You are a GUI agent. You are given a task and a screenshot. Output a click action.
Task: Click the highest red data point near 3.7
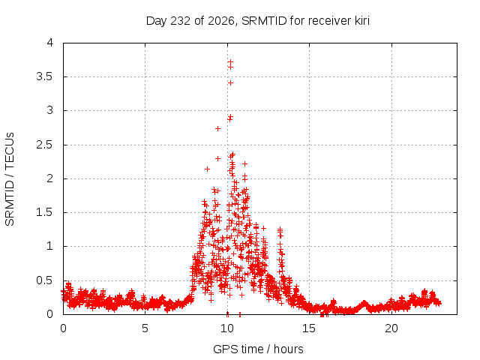(x=230, y=61)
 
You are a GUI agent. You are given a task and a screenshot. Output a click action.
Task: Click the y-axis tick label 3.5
(x=45, y=76)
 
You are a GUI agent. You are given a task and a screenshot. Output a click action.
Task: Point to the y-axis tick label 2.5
(x=45, y=145)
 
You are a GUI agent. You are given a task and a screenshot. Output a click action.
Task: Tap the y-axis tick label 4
(x=50, y=43)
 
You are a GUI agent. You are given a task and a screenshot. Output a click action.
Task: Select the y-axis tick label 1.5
(x=45, y=212)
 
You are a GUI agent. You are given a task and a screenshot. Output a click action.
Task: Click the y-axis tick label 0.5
(x=45, y=280)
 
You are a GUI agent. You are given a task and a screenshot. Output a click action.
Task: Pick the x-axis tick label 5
(x=145, y=328)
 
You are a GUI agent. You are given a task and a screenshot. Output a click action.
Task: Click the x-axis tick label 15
(x=309, y=328)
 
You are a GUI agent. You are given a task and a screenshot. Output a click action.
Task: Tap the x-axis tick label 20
(x=391, y=328)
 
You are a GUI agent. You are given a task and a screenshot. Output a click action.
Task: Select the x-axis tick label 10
(x=227, y=328)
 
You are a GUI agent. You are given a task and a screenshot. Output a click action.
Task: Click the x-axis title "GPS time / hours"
(x=258, y=349)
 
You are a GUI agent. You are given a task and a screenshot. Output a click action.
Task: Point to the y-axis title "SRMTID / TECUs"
(x=10, y=179)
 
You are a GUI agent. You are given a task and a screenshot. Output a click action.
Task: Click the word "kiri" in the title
(x=362, y=21)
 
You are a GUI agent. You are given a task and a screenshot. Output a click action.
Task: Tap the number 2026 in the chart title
(x=221, y=21)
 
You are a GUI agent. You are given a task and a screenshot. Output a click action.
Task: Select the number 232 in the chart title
(x=180, y=21)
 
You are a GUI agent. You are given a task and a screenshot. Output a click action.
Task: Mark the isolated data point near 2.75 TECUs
(x=217, y=128)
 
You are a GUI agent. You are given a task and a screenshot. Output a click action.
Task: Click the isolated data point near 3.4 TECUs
(x=230, y=82)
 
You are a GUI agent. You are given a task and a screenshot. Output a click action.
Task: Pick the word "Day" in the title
(x=157, y=21)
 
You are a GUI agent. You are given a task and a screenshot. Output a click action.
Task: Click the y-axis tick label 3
(x=50, y=110)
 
